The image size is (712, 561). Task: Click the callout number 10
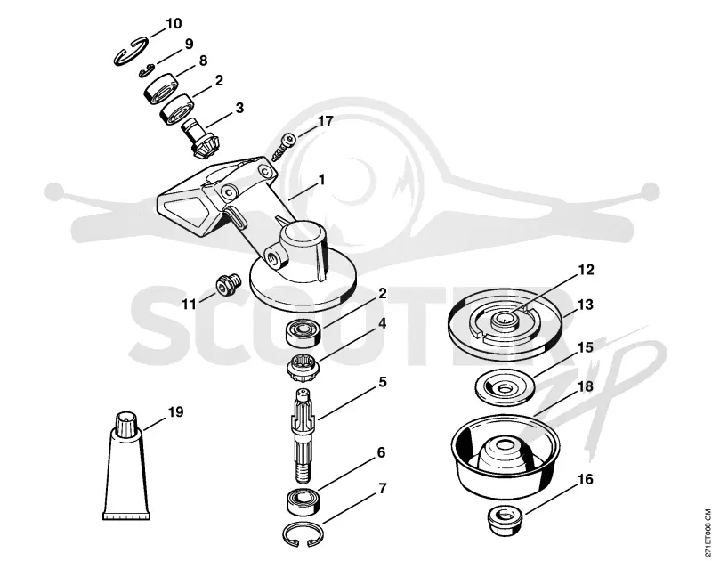point(174,23)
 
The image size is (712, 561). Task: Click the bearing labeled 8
point(161,89)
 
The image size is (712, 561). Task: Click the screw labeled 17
point(283,146)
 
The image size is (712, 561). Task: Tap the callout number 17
point(325,121)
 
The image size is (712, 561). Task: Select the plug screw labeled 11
point(226,284)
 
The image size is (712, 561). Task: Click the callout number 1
point(321,180)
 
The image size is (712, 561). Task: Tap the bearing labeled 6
point(303,502)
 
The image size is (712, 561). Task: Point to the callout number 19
point(175,412)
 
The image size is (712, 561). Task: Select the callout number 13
point(586,305)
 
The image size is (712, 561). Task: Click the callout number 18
point(586,386)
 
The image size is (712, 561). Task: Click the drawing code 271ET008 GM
point(707,533)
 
